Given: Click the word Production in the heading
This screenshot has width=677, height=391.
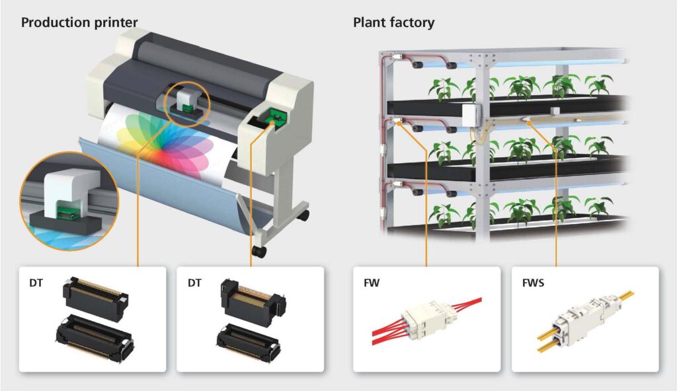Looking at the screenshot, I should coord(54,22).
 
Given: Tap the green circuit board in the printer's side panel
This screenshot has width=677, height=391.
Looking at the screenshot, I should coord(273,118).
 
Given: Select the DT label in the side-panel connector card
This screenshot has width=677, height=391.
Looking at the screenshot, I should coord(194,284).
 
